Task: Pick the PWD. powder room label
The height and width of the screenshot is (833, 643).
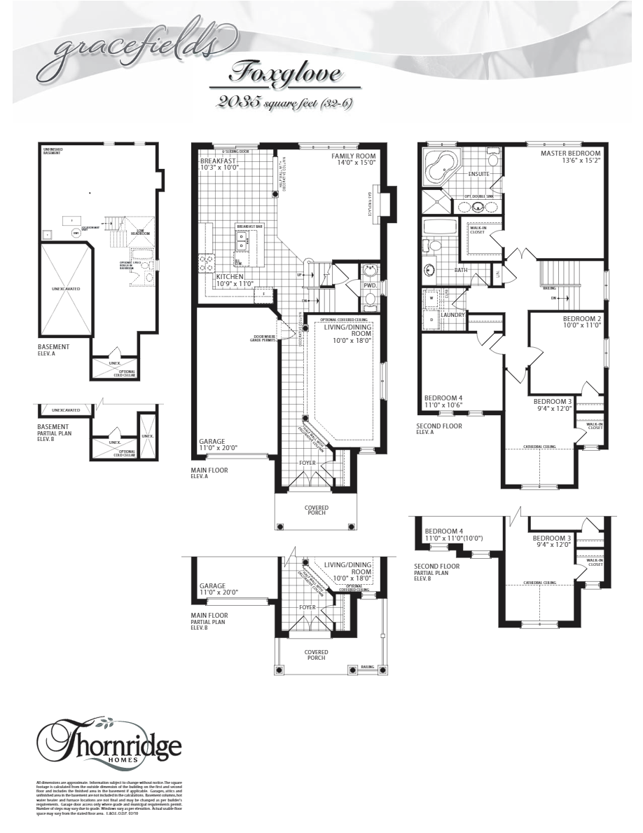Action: [x=370, y=285]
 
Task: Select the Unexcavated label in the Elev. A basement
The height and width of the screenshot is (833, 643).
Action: [x=66, y=287]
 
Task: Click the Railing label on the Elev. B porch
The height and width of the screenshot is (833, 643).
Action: [x=368, y=667]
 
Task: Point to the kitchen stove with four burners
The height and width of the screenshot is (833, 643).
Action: [x=208, y=263]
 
